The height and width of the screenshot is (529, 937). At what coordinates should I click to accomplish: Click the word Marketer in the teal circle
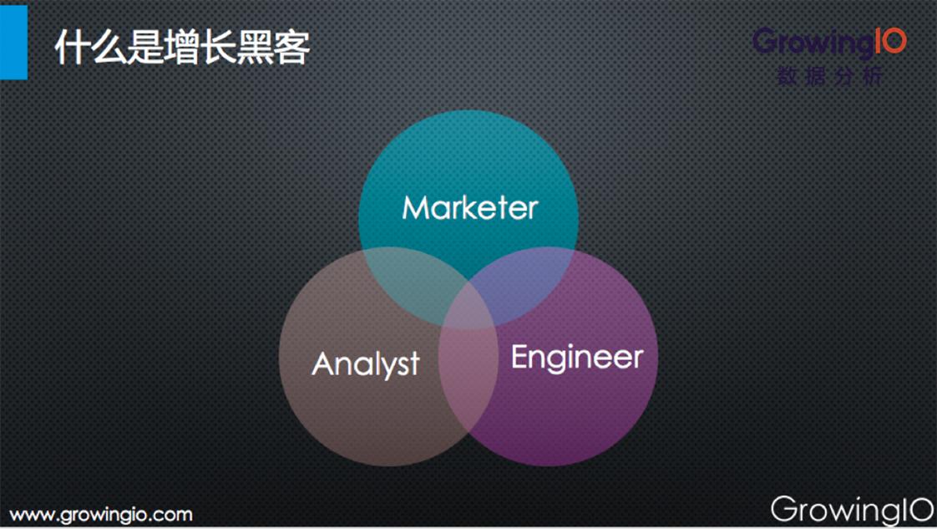pos(469,207)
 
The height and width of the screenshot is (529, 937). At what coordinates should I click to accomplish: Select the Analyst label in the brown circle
pos(366,364)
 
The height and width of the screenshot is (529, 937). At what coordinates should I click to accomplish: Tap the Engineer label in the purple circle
pos(576,358)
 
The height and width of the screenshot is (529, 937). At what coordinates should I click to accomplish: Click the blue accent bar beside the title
pos(13,41)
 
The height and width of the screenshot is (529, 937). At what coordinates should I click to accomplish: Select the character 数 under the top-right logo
pos(787,76)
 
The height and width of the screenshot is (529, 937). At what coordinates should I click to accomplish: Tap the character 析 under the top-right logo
pos(872,76)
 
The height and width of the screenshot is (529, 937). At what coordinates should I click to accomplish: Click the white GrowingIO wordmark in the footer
pos(851,509)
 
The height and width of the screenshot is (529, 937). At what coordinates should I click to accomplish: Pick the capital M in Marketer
pos(415,207)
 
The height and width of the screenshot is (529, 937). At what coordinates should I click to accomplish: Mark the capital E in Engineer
pos(519,357)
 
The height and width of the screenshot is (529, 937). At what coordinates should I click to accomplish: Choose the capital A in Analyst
pos(324,364)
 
